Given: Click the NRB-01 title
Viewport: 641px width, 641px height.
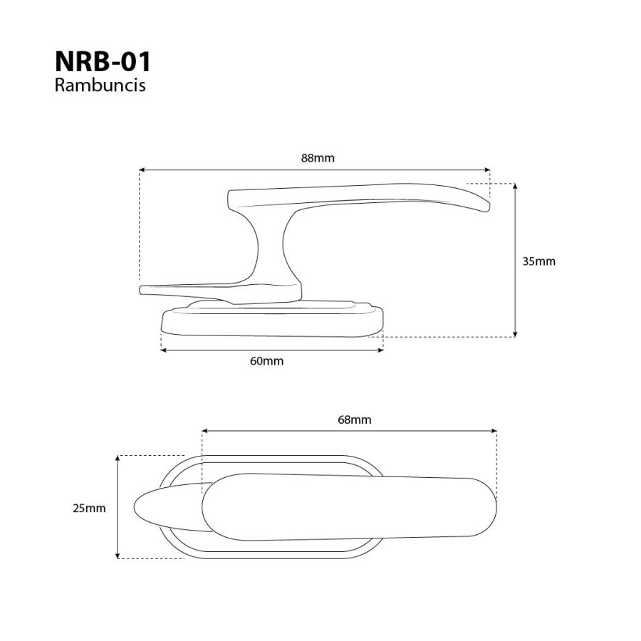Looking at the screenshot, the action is click(103, 62).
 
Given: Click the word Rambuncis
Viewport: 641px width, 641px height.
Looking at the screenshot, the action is click(100, 85).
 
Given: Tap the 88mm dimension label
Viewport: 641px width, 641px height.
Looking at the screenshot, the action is click(318, 158).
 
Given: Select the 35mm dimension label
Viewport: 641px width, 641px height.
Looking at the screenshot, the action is click(539, 261).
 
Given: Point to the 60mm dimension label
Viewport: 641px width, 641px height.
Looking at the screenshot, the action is click(266, 361).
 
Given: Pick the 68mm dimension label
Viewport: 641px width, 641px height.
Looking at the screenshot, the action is click(355, 419).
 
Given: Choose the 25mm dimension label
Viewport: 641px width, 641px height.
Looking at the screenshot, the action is click(89, 508).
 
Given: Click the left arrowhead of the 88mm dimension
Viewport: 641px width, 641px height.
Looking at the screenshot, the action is click(142, 170).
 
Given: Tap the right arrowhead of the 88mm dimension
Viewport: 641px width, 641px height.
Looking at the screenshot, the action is click(487, 170).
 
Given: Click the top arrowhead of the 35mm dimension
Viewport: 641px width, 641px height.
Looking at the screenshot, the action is click(515, 187).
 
